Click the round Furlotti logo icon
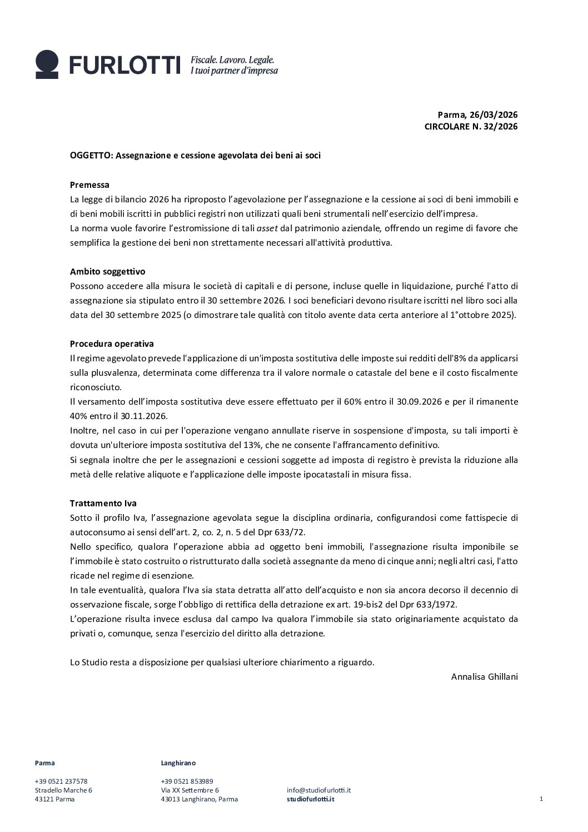click(x=47, y=64)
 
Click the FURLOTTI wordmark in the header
click(x=125, y=65)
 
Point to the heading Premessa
click(x=89, y=185)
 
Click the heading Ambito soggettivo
click(x=107, y=272)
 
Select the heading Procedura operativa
click(x=112, y=344)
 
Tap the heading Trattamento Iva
click(x=103, y=504)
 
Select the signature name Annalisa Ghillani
click(x=484, y=677)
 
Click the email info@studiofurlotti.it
click(x=318, y=790)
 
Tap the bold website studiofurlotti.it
click(x=311, y=799)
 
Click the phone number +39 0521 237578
click(x=61, y=781)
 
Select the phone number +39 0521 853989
click(x=187, y=781)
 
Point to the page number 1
click(x=541, y=799)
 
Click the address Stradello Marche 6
click(x=63, y=790)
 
